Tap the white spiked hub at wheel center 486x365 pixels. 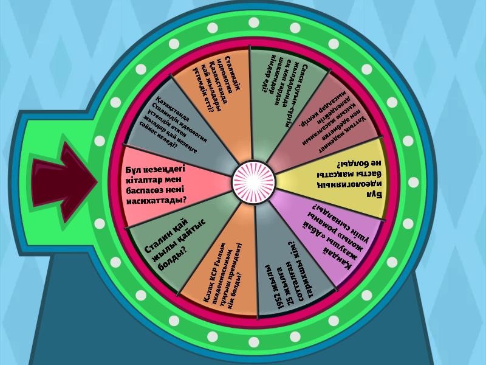pos(254,180)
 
